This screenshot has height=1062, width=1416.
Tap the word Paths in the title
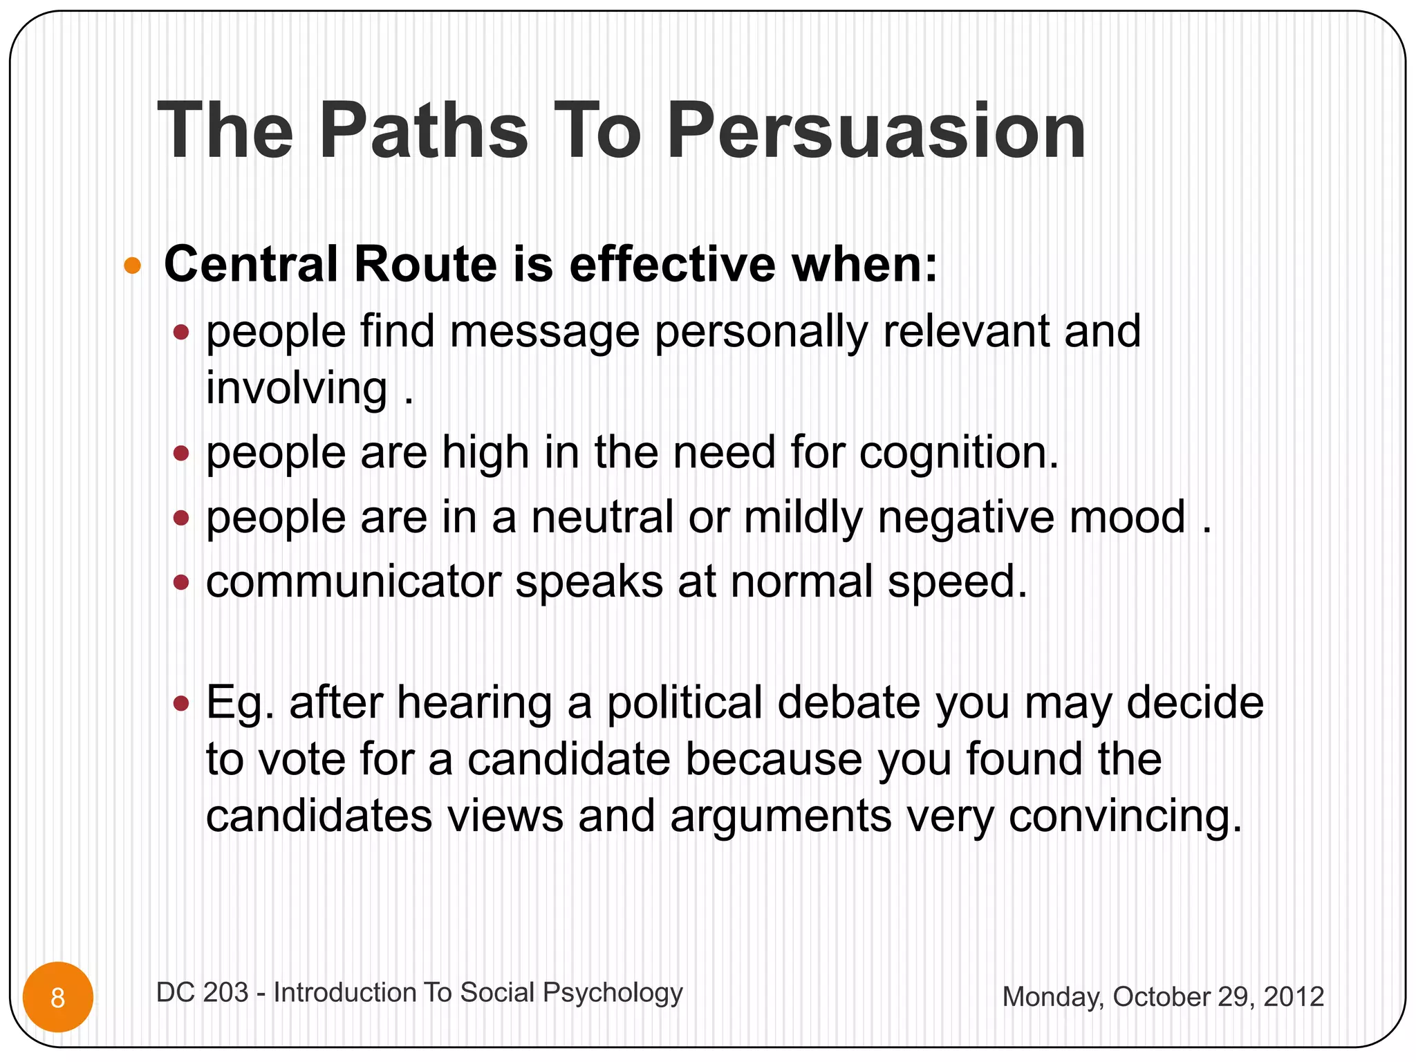[423, 131]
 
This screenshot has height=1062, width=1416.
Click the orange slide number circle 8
[58, 998]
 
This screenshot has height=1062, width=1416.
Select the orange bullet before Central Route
[133, 265]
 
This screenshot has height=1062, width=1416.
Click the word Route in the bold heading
[425, 265]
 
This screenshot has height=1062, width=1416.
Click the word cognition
[959, 454]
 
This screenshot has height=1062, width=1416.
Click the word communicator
[353, 582]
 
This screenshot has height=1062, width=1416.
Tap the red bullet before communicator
[181, 583]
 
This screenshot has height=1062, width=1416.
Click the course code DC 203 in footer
[202, 993]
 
